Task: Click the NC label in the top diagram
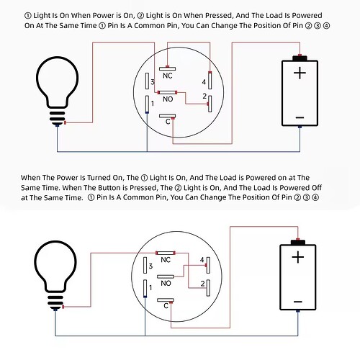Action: pos(168,76)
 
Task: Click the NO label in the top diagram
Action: pos(168,99)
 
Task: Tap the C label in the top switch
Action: pos(168,122)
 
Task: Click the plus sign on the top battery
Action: pos(300,73)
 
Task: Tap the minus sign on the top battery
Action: pos(300,117)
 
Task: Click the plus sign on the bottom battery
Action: pos(298,257)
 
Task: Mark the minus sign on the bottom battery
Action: pos(298,302)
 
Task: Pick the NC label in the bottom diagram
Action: pos(166,260)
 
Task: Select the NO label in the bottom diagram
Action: pos(166,283)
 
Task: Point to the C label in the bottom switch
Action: pos(166,306)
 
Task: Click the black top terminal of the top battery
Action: pos(300,58)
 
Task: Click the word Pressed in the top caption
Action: pos(219,15)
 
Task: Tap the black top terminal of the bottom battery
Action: pos(298,242)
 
